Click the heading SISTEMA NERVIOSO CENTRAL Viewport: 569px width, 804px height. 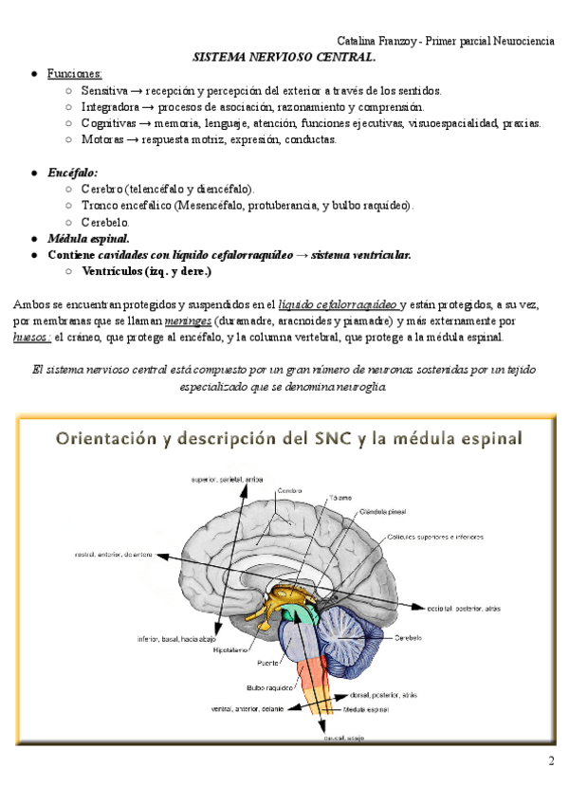284,57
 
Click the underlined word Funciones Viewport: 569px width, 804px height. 75,74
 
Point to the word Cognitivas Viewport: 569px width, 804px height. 109,123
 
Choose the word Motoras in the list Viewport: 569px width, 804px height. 102,139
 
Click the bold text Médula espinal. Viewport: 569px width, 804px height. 89,238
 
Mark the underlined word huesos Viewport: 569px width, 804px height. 31,337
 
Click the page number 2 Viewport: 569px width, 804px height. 551,761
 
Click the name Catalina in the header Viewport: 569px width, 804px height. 359,41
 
